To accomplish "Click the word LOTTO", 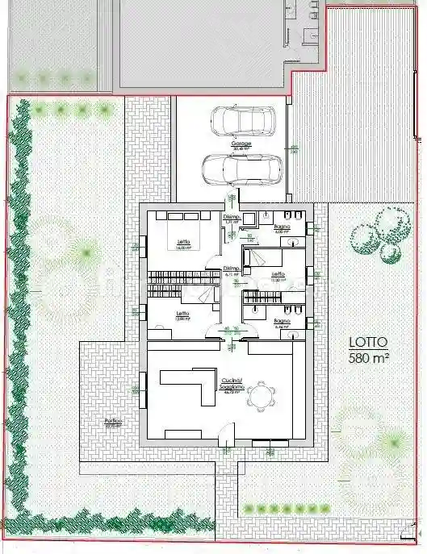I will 369,341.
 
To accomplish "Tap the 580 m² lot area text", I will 369,356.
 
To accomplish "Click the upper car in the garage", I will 241,121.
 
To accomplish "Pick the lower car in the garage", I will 241,169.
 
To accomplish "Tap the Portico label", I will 112,422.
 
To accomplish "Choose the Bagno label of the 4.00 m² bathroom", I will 282,229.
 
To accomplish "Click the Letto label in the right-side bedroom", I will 278,275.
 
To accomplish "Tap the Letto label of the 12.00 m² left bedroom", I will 183,314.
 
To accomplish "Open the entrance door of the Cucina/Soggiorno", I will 228,435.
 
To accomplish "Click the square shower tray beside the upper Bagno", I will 250,219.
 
